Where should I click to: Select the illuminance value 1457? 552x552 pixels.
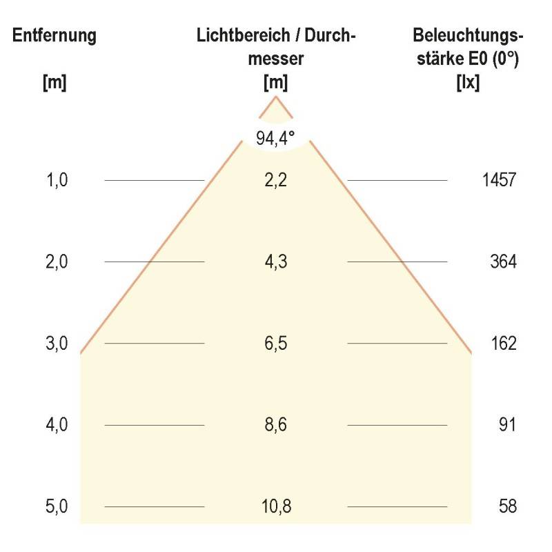[498, 180]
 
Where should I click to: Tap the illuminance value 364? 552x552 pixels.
[503, 262]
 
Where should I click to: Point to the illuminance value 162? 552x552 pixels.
[503, 343]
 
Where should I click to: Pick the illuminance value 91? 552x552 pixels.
[507, 424]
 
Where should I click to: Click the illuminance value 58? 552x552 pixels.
[507, 506]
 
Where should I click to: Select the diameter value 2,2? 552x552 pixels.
[276, 180]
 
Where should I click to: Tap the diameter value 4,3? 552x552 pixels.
[276, 262]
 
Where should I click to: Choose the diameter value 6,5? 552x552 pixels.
[276, 343]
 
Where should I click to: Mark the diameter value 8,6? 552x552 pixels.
[276, 424]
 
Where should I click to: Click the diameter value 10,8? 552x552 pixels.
[276, 506]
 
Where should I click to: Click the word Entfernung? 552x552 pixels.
[55, 37]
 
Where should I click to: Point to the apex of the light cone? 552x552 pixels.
[276, 97]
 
